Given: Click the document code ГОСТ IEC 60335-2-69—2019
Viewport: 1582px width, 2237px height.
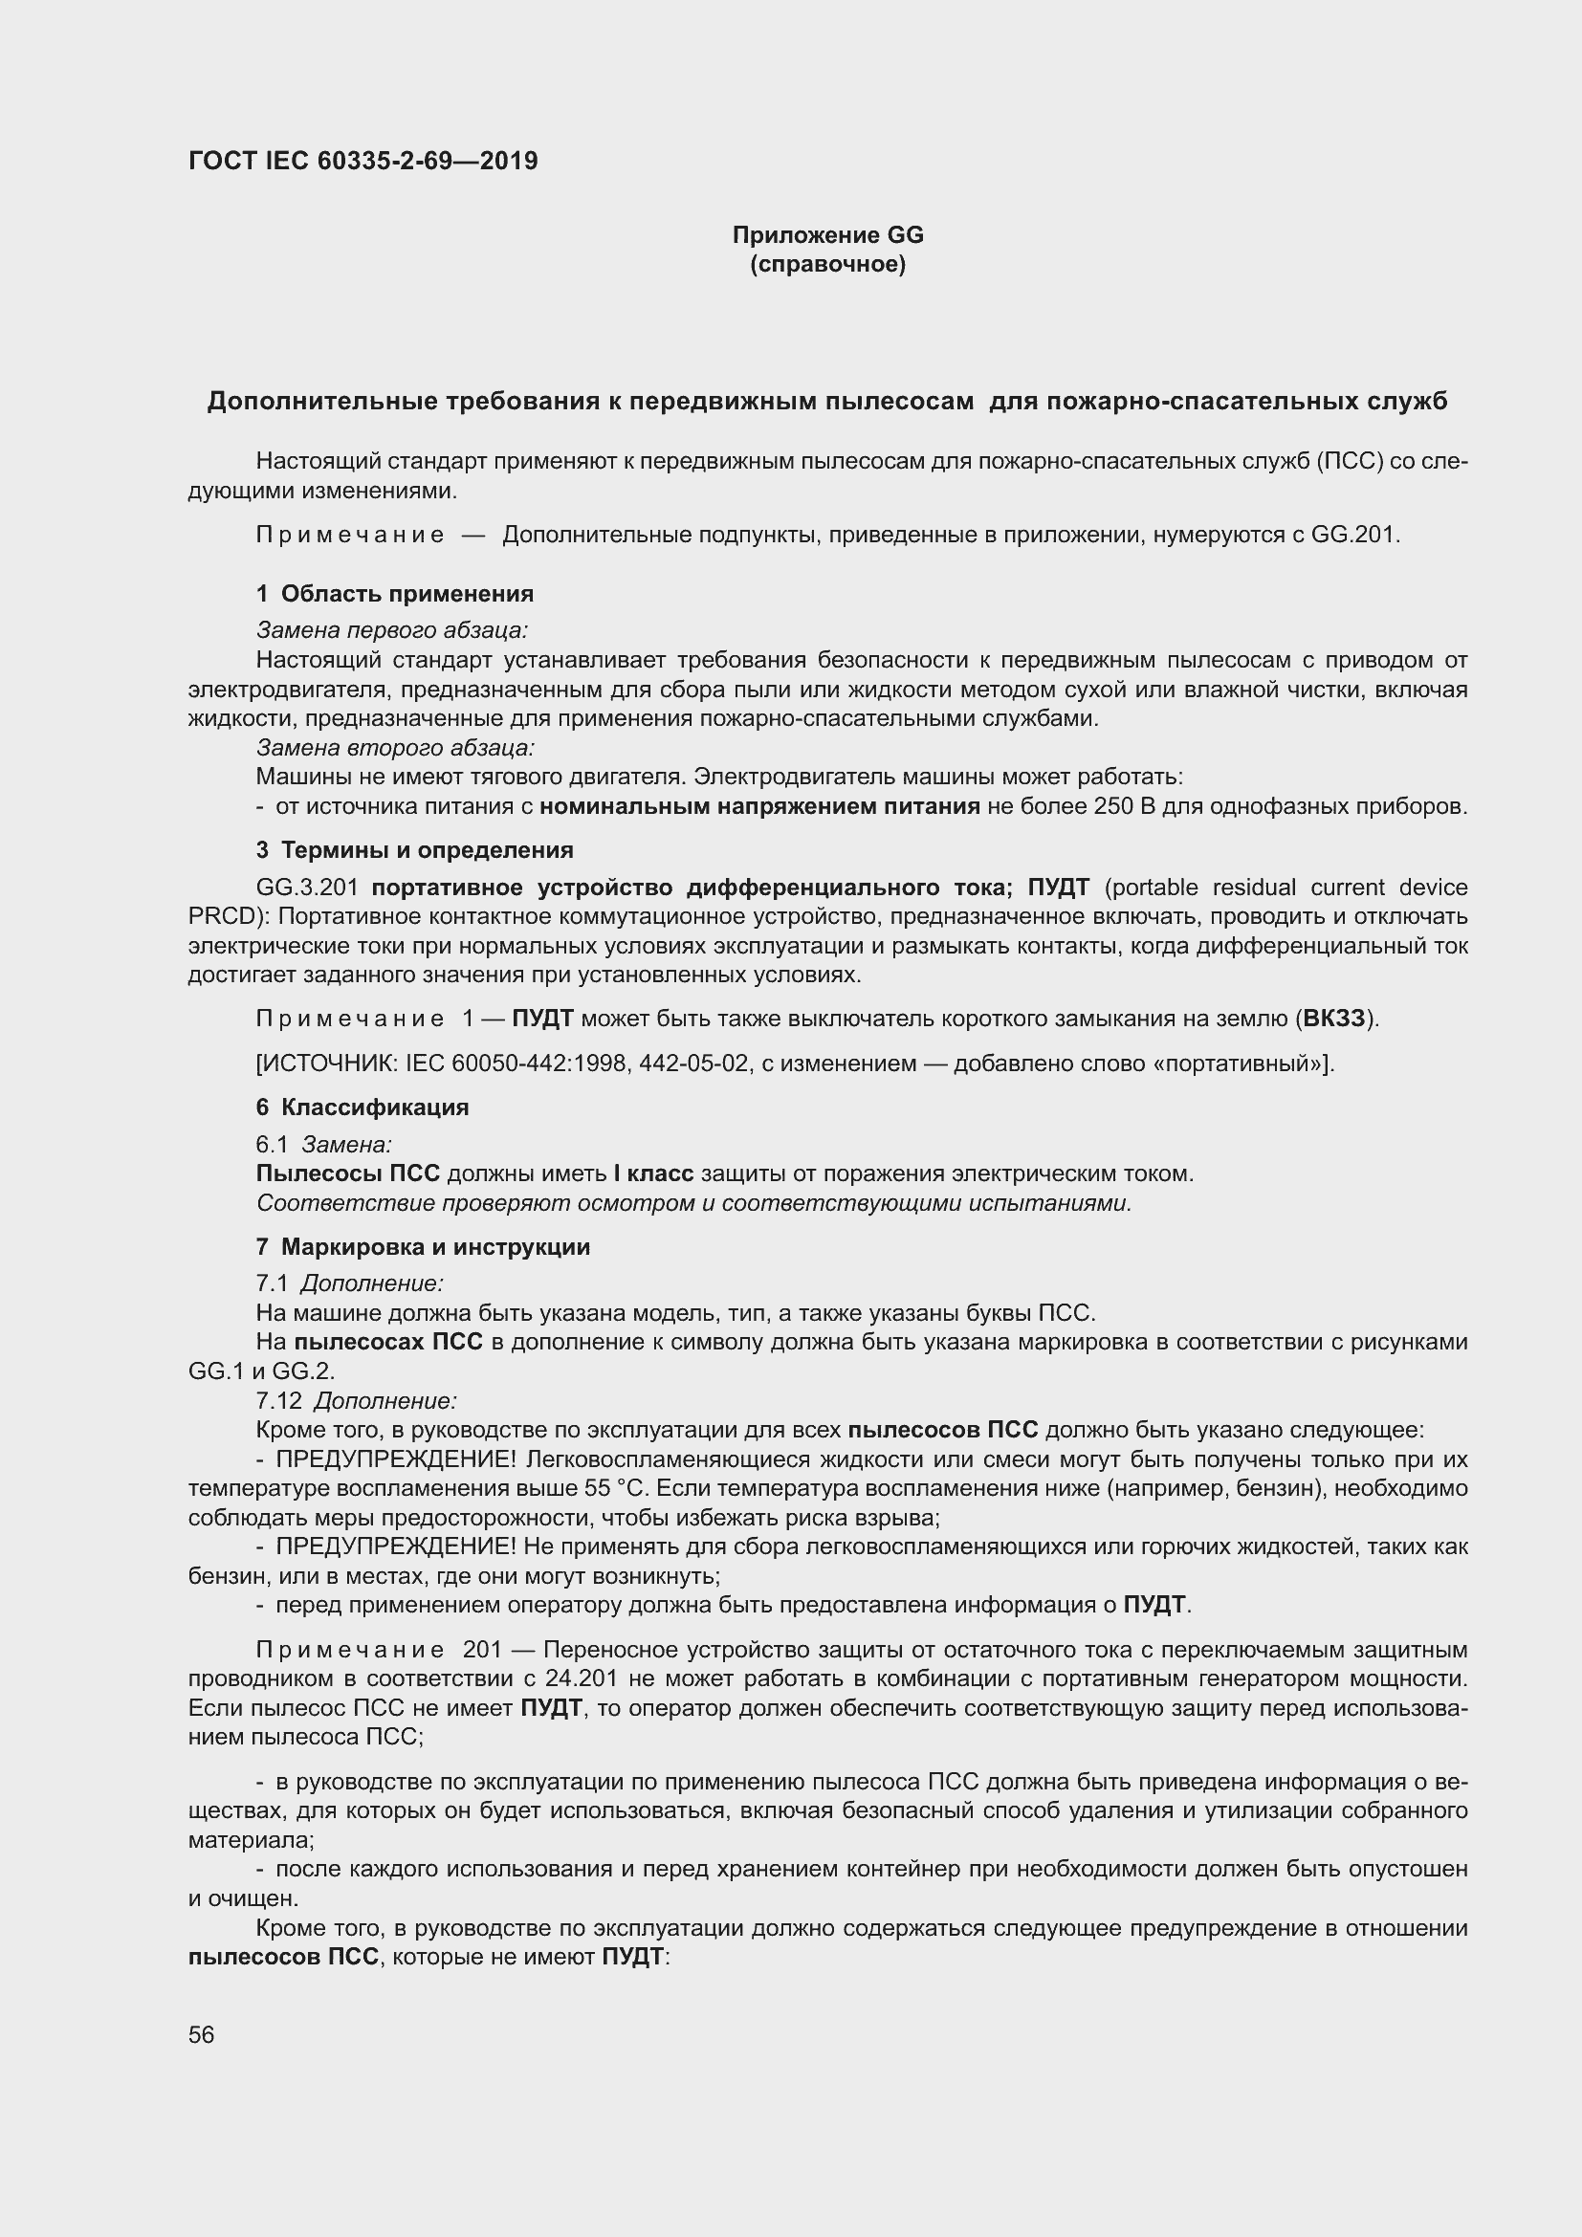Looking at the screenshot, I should (363, 161).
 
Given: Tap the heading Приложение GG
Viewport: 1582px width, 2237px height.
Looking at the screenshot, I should (827, 235).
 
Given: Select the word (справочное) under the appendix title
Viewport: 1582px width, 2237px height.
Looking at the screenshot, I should (827, 264).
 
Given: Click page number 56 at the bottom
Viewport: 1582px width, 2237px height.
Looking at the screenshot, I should (202, 2034).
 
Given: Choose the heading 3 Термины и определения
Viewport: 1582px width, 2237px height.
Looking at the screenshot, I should (414, 849).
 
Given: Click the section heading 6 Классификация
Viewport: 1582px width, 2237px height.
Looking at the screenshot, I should (363, 1107).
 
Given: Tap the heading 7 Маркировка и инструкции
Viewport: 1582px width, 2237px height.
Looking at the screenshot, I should (423, 1247).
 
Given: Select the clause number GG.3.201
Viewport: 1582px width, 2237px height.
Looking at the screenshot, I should (308, 888).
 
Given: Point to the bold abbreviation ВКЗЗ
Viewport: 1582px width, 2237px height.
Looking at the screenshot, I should (1333, 1020).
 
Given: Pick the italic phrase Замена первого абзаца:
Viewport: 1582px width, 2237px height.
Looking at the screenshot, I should (391, 630).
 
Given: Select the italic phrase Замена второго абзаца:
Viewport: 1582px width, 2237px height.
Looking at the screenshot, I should (396, 747).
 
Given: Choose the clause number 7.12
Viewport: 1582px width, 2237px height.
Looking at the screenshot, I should (278, 1401).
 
